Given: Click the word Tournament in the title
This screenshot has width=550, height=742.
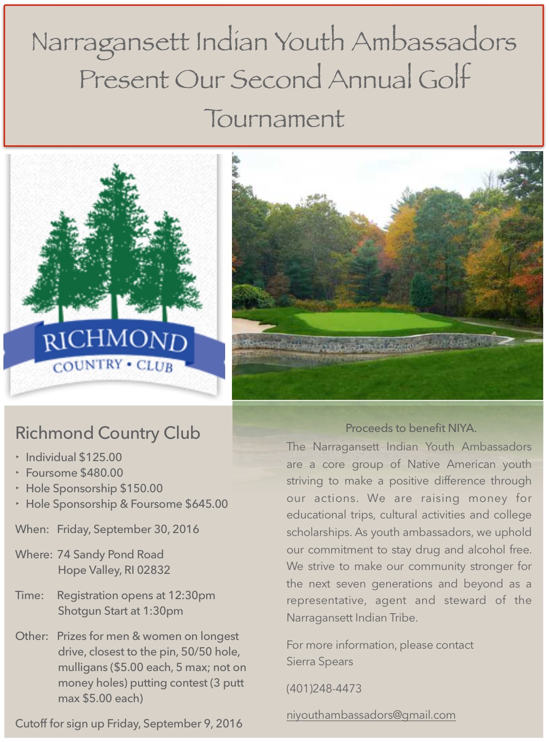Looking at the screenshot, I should (x=275, y=119).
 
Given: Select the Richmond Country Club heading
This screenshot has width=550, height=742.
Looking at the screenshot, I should (x=107, y=432).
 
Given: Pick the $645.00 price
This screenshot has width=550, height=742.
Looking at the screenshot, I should (x=206, y=504).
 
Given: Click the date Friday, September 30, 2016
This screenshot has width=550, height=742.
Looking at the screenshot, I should (x=128, y=529).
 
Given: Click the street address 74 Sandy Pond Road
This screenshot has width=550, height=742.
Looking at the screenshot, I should (x=110, y=554).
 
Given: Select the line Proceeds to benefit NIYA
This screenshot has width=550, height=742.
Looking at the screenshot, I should (x=411, y=428).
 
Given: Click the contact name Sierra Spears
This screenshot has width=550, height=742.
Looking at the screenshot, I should (x=319, y=661).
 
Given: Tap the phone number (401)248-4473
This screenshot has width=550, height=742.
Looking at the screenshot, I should (x=324, y=689).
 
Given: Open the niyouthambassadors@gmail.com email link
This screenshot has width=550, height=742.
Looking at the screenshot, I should (x=371, y=715).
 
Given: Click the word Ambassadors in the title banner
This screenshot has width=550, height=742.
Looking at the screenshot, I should (x=433, y=42).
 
